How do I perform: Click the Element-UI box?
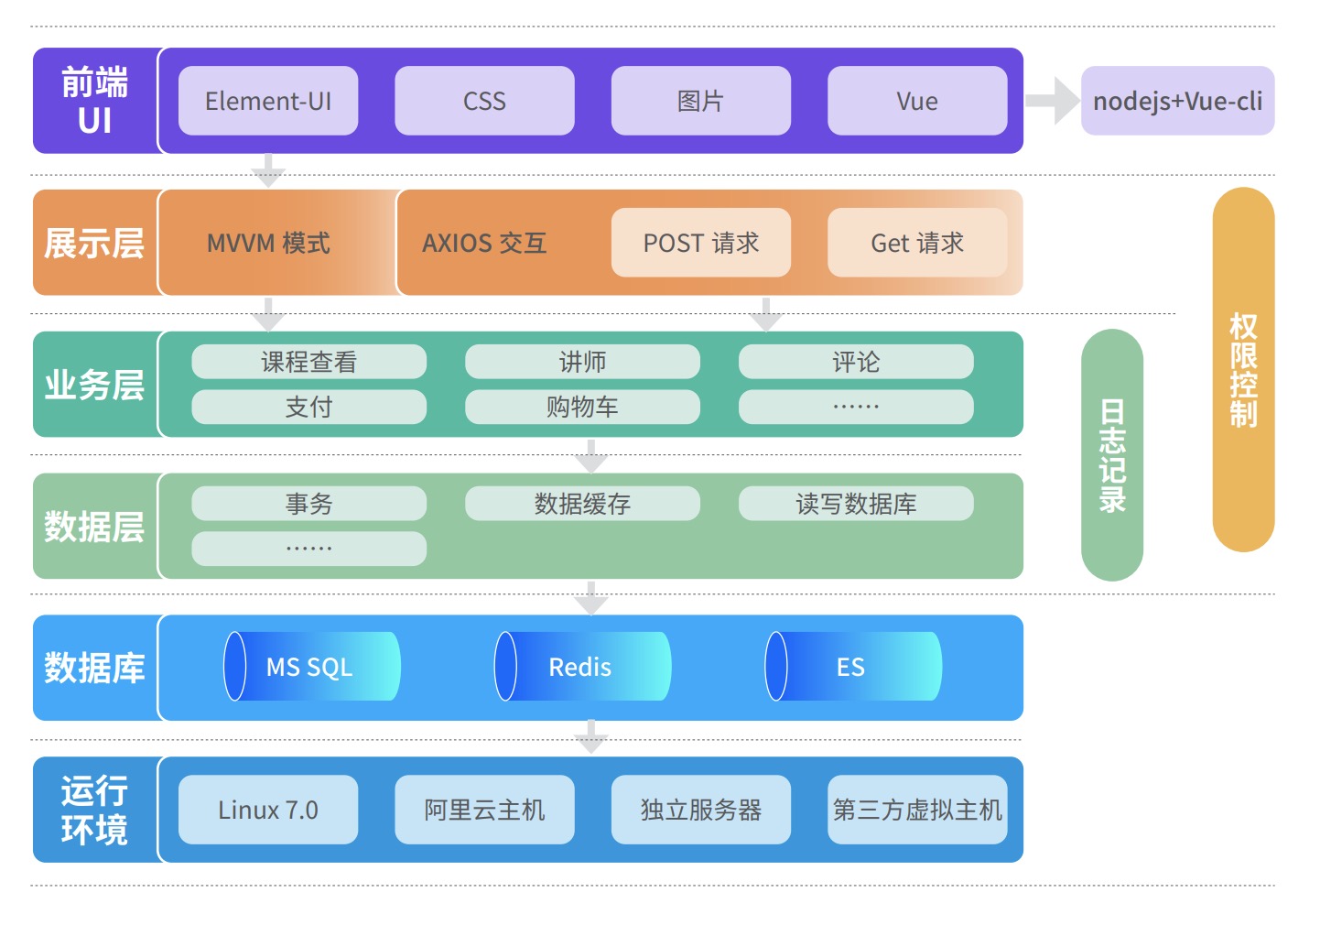pyautogui.click(x=268, y=101)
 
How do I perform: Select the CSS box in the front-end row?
pyautogui.click(x=484, y=101)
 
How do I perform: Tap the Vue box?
pyautogui.click(x=917, y=101)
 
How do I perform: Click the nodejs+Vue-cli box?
pyautogui.click(x=1177, y=101)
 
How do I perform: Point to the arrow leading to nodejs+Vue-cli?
pyautogui.click(x=1053, y=101)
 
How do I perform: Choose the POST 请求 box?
pyautogui.click(x=701, y=243)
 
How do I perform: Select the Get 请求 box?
pyautogui.click(x=917, y=243)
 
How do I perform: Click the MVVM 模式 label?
pyautogui.click(x=268, y=243)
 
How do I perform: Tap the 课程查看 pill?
pyautogui.click(x=308, y=362)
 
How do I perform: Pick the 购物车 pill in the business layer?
pyautogui.click(x=582, y=407)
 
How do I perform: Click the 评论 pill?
pyautogui.click(x=856, y=362)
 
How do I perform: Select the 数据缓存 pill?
pyautogui.click(x=582, y=504)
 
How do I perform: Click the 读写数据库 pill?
pyautogui.click(x=856, y=504)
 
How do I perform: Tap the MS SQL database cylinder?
pyautogui.click(x=311, y=667)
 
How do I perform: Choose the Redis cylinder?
pyautogui.click(x=582, y=667)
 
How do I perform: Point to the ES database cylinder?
pyautogui.click(x=853, y=667)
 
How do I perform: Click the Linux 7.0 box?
pyautogui.click(x=268, y=810)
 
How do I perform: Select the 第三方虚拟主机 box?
pyautogui.click(x=917, y=810)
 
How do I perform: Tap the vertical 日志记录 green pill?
pyautogui.click(x=1112, y=455)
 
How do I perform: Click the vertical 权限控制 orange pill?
pyautogui.click(x=1243, y=370)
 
